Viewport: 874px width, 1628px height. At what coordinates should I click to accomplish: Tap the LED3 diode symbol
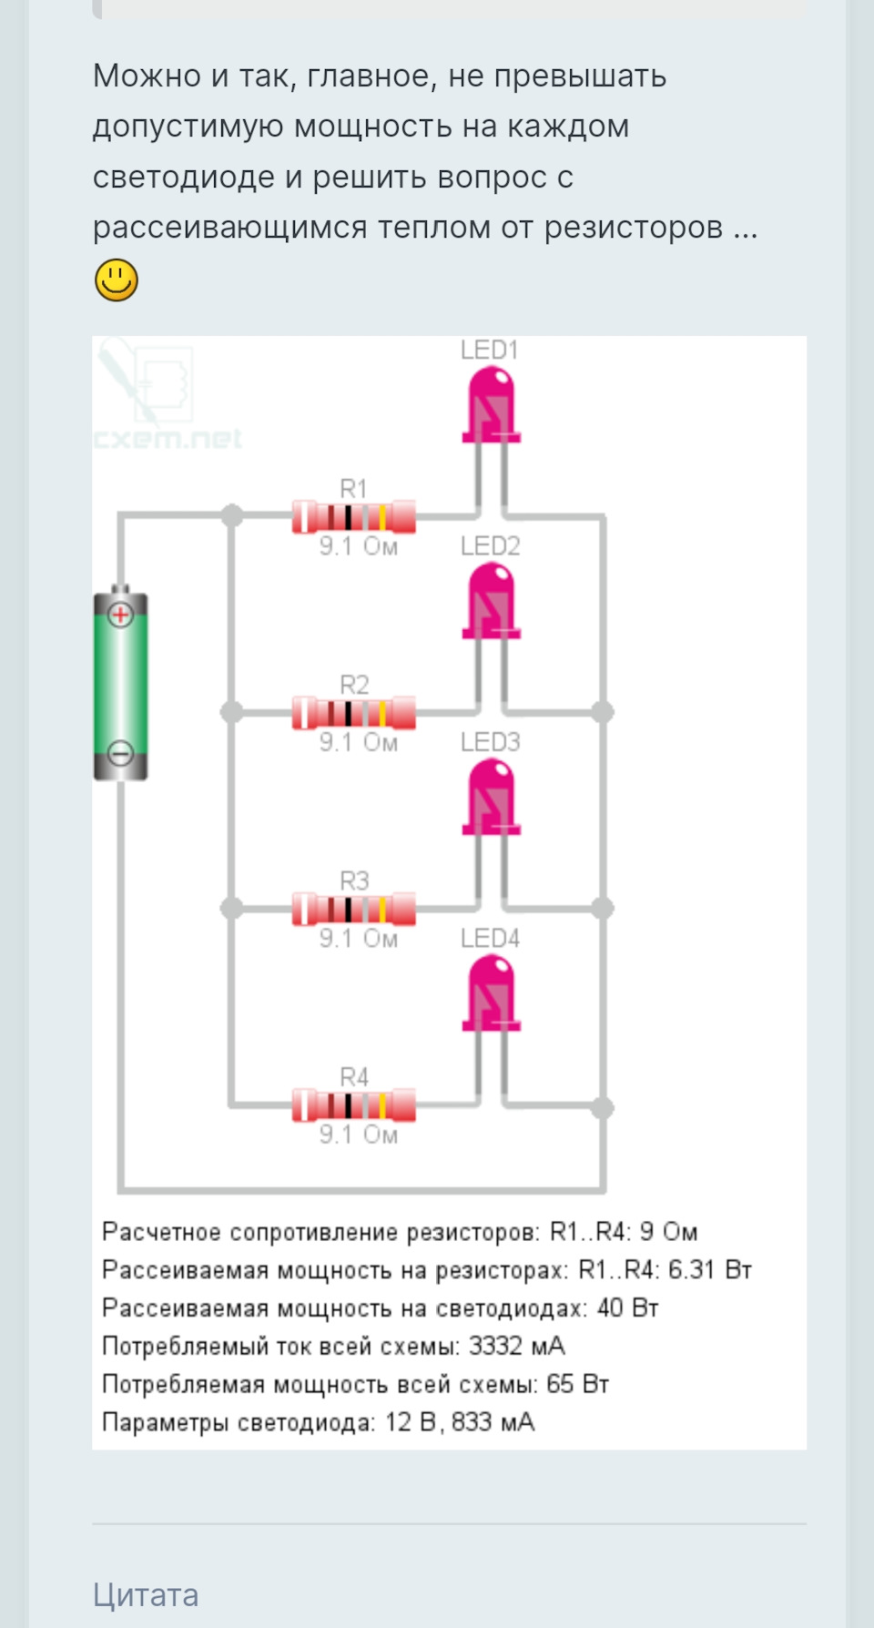(491, 798)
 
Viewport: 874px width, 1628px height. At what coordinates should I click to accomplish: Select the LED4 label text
(490, 939)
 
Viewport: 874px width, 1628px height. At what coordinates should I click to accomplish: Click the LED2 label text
(490, 546)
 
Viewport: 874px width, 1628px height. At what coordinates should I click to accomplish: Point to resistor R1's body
(354, 517)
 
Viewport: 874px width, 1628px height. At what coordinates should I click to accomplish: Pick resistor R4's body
(354, 1105)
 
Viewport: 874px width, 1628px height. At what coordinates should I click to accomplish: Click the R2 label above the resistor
(354, 685)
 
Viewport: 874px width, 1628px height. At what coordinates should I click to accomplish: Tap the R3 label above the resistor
(354, 880)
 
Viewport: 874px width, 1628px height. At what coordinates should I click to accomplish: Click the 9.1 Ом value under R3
(358, 939)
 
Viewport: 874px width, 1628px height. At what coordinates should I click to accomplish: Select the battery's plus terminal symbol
(120, 615)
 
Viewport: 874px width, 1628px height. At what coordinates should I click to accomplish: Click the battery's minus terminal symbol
(120, 753)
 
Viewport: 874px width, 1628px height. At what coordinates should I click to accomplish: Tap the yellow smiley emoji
(117, 280)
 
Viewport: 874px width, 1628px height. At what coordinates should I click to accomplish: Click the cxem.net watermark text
(168, 440)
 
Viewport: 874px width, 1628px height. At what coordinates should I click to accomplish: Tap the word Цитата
(146, 1594)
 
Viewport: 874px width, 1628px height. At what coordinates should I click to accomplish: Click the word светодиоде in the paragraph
(183, 177)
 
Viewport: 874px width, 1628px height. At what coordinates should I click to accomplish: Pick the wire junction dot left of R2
(232, 712)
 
